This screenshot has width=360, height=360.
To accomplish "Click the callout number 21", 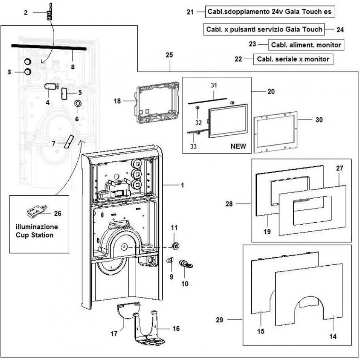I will pyautogui.click(x=190, y=12).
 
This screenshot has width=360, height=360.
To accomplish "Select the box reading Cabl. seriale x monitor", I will pyautogui.click(x=293, y=59).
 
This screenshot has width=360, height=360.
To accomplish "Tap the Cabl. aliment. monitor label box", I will pyautogui.click(x=307, y=44).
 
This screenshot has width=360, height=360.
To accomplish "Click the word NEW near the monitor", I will pyautogui.click(x=238, y=146).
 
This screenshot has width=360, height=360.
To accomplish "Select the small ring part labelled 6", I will pyautogui.click(x=77, y=103).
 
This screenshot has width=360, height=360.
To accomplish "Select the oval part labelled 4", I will pyautogui.click(x=50, y=86).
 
